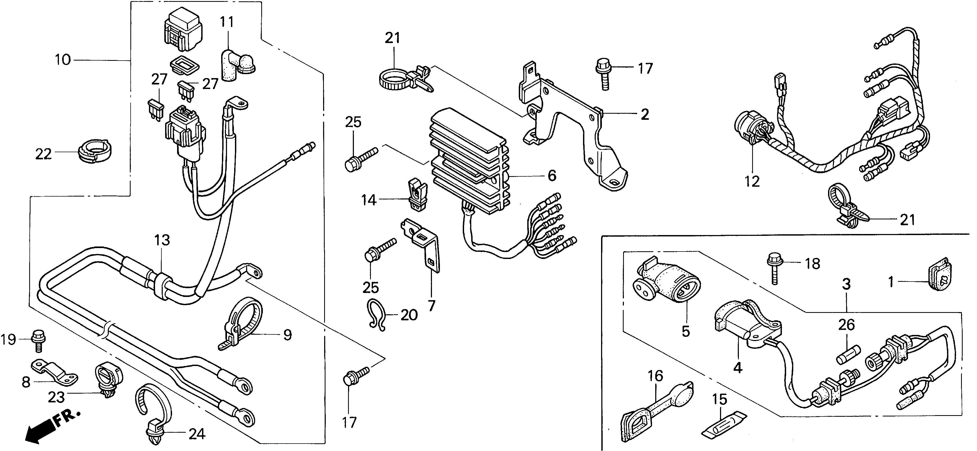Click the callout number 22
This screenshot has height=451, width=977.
coord(43,154)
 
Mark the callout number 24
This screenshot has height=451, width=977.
coord(197,434)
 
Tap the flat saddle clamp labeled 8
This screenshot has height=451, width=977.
coord(54,372)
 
